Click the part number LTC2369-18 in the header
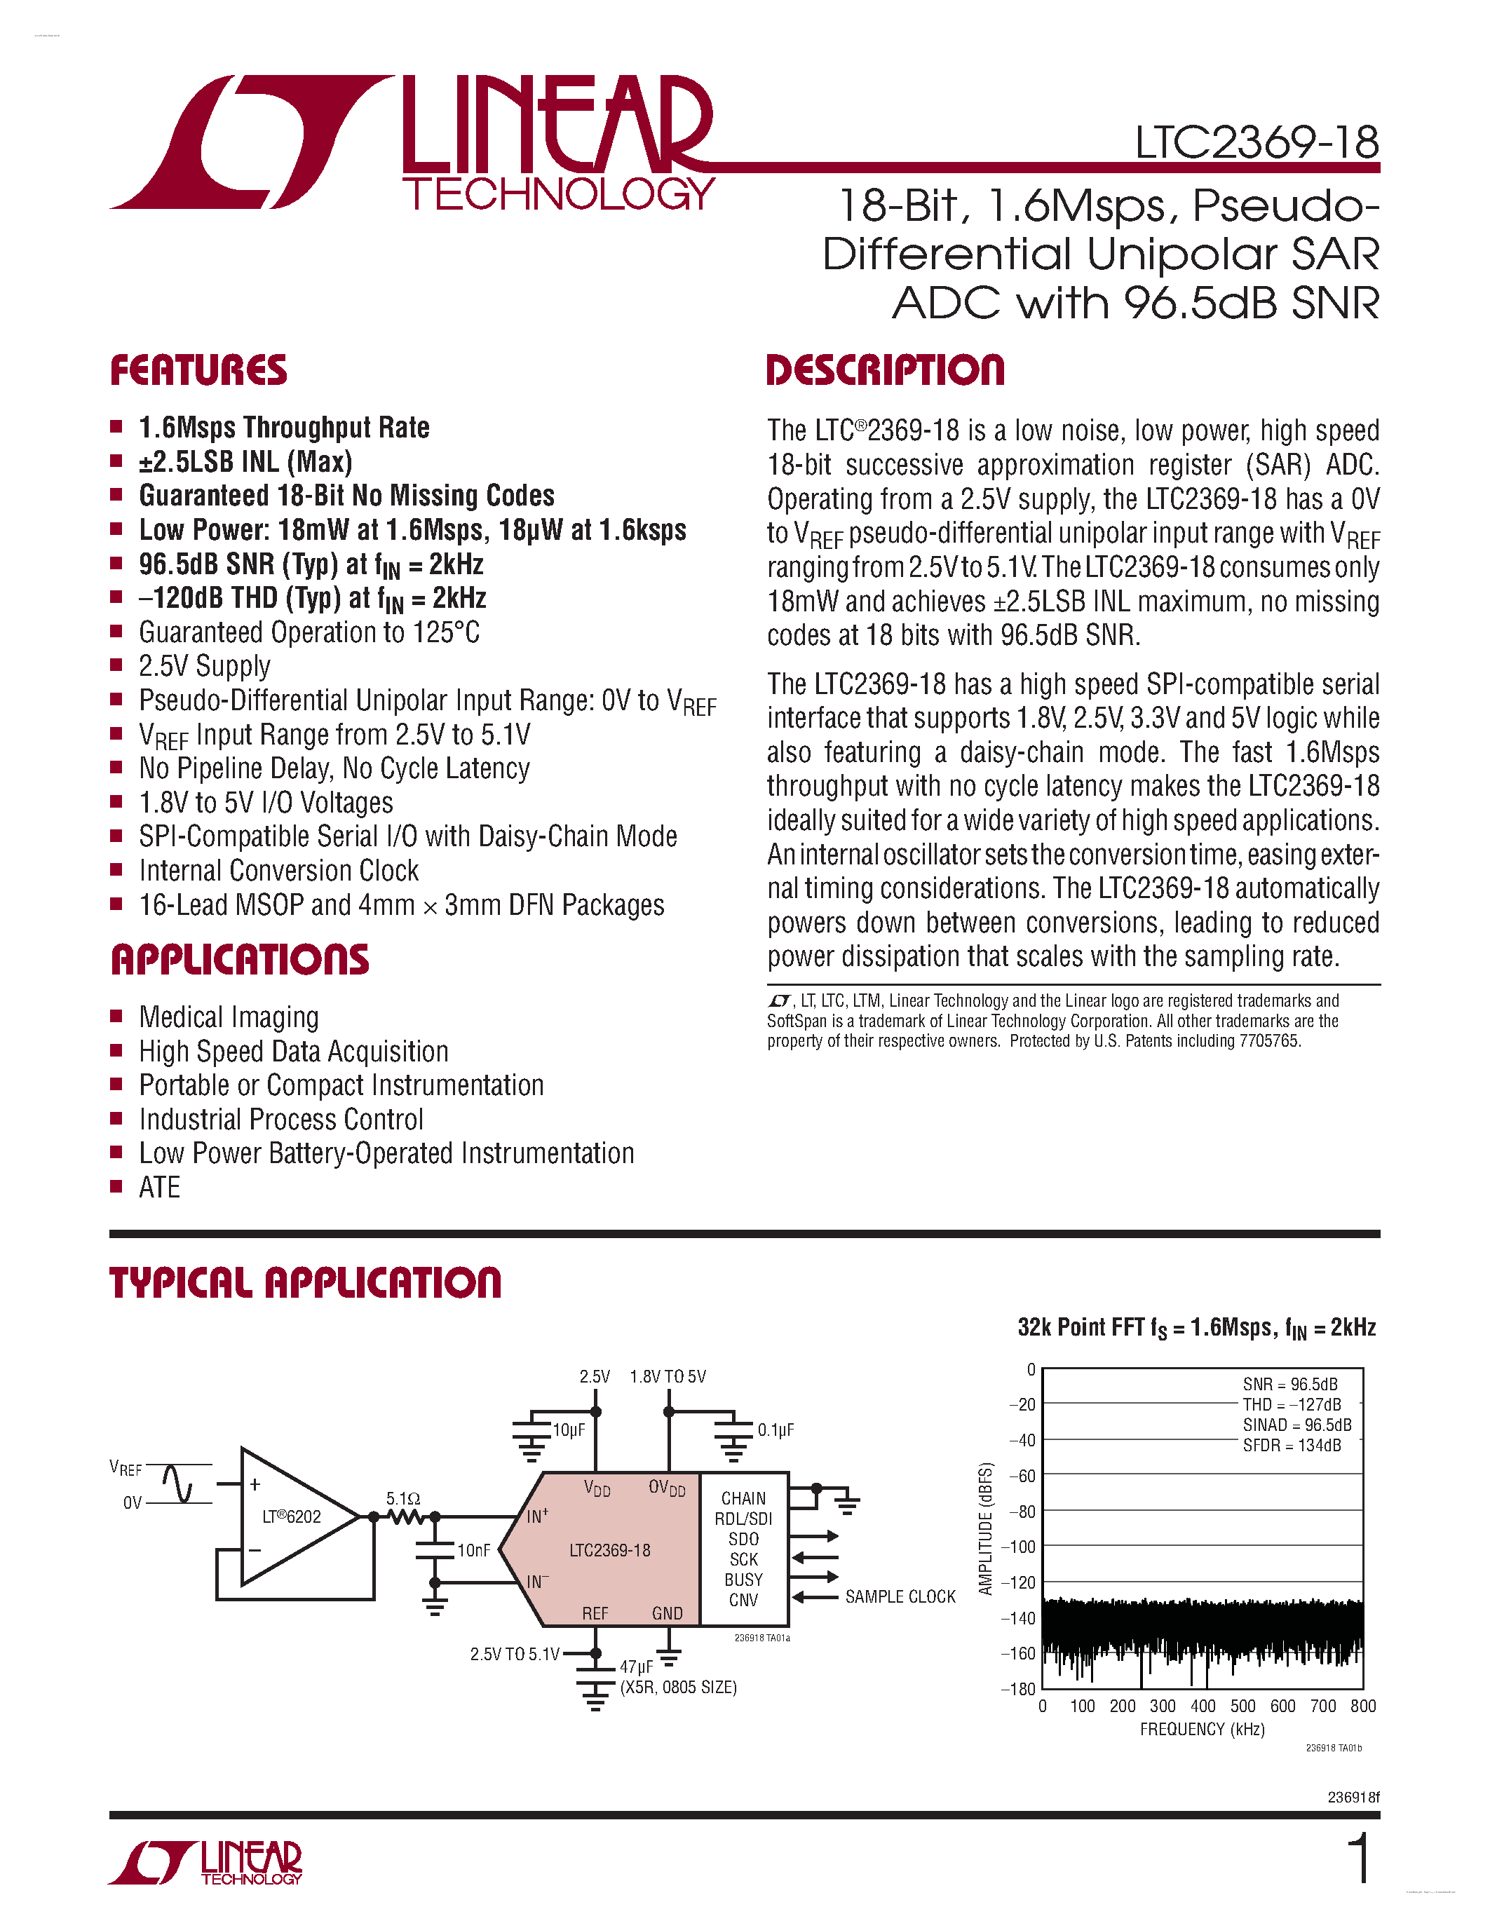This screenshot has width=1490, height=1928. click(x=1256, y=142)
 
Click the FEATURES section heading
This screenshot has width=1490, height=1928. click(x=198, y=371)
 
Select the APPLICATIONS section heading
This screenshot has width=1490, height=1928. click(x=240, y=960)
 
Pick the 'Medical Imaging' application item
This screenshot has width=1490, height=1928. click(x=229, y=1017)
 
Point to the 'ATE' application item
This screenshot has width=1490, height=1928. click(x=160, y=1188)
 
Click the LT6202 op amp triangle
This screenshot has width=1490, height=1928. click(x=291, y=1516)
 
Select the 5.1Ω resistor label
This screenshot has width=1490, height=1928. click(x=402, y=1498)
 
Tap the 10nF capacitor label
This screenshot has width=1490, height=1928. click(x=473, y=1550)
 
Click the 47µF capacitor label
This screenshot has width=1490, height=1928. click(x=635, y=1666)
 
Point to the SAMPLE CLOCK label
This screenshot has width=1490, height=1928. click(x=900, y=1597)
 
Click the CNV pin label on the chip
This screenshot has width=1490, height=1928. click(x=743, y=1600)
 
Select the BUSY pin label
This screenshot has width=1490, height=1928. click(x=743, y=1580)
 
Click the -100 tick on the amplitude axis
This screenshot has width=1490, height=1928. click(x=1022, y=1547)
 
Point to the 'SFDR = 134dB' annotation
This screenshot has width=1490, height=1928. click(x=1292, y=1445)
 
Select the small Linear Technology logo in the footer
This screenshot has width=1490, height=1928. click(x=205, y=1863)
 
